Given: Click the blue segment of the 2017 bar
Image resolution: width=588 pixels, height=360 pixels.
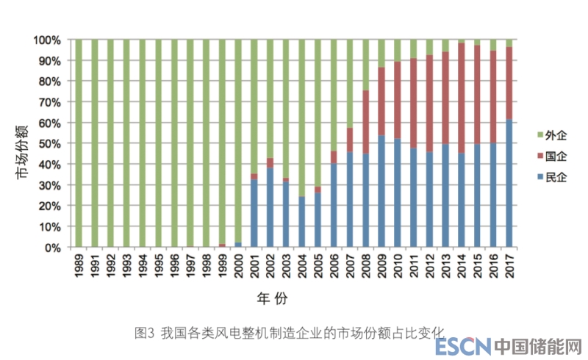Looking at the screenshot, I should pyautogui.click(x=509, y=184).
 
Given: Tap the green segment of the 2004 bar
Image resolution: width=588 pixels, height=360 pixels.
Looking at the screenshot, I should pyautogui.click(x=301, y=118).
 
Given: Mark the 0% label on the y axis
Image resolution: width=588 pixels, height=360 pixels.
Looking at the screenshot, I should pyautogui.click(x=54, y=248).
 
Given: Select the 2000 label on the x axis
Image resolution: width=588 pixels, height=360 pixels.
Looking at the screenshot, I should pyautogui.click(x=237, y=268).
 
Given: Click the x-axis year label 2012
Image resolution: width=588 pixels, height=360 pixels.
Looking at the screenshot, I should pyautogui.click(x=429, y=268).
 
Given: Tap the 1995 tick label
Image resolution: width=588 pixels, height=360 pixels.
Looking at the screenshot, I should pyautogui.click(x=158, y=268).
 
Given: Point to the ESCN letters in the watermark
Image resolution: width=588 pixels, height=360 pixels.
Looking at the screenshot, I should pyautogui.click(x=462, y=346).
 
